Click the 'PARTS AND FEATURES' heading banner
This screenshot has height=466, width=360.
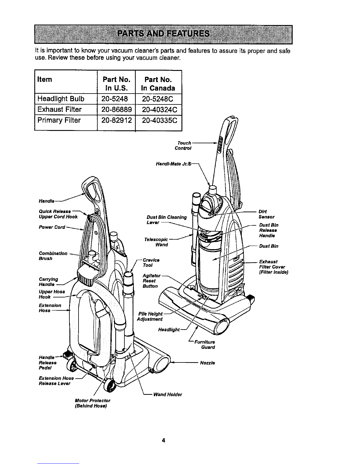click(164, 34)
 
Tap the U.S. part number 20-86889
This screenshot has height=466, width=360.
click(116, 109)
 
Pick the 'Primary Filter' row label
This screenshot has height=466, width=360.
click(59, 120)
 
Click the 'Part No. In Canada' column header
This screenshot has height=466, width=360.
click(158, 84)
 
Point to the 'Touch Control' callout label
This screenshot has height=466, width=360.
click(183, 146)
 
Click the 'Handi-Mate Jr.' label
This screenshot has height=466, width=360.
click(174, 164)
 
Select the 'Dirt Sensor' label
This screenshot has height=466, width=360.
click(266, 214)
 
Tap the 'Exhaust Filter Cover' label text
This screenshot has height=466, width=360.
click(274, 267)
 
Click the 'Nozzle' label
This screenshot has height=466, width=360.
click(207, 363)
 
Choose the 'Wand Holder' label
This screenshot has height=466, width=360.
click(168, 395)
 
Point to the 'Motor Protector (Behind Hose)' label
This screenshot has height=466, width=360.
click(92, 403)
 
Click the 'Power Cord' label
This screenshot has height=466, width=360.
click(52, 227)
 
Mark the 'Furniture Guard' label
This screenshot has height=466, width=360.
click(204, 344)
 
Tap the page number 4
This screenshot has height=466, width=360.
click(164, 440)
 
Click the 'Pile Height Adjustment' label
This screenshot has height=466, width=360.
click(150, 317)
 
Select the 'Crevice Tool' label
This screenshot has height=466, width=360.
click(151, 262)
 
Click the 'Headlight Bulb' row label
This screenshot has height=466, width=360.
click(61, 99)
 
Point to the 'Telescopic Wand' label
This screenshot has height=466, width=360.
click(156, 242)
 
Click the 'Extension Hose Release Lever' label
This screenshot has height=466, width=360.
click(56, 381)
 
